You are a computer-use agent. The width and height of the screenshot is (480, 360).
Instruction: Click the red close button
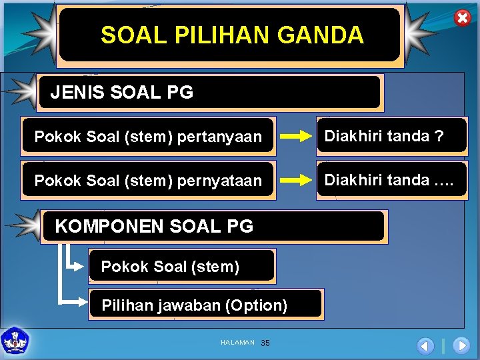[462, 18]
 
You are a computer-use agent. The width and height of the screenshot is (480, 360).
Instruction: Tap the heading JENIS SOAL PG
[122, 93]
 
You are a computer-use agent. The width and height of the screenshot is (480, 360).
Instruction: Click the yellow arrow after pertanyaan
[295, 137]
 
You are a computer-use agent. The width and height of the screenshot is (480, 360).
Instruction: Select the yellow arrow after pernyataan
[295, 180]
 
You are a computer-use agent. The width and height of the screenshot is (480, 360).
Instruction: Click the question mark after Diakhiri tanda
[439, 136]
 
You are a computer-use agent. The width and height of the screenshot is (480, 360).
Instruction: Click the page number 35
[265, 343]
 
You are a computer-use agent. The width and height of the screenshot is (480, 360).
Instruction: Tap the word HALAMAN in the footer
[237, 343]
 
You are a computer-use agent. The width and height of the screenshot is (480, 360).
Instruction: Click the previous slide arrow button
[425, 345]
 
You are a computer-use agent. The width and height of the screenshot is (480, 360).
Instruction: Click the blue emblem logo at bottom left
[15, 340]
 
